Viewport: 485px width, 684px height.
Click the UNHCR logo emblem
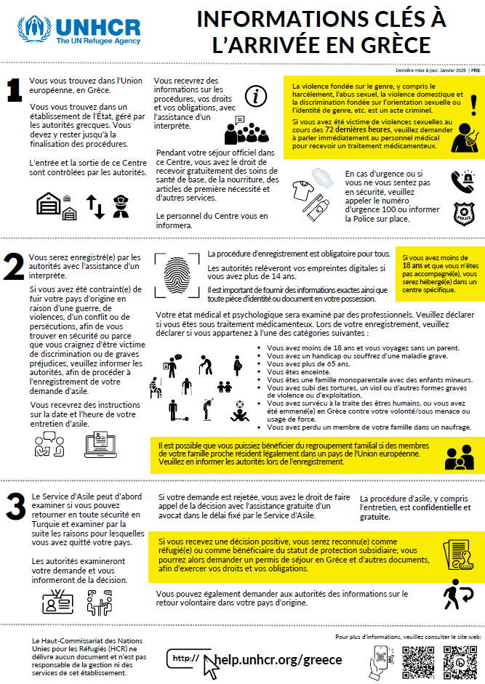click(34, 31)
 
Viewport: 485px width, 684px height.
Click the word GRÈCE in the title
click(388, 43)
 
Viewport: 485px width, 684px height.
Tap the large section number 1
click(14, 91)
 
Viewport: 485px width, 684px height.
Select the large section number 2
click(14, 267)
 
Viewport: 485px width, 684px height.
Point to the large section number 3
click(14, 508)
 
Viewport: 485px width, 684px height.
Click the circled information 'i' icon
click(255, 95)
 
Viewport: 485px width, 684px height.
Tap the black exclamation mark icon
click(473, 105)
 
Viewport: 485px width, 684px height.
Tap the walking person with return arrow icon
click(460, 595)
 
